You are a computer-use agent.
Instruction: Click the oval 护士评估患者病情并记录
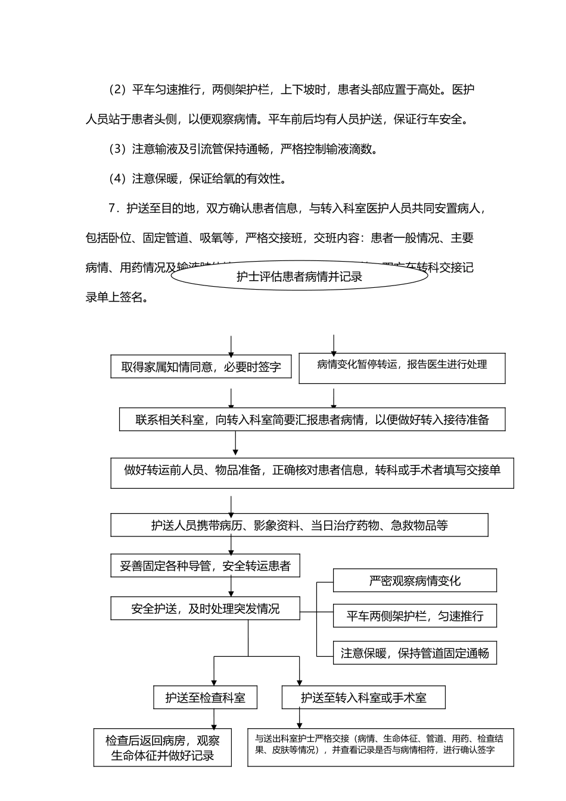(299, 276)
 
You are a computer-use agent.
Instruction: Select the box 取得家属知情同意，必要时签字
(201, 367)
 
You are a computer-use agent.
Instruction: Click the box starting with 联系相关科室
(312, 420)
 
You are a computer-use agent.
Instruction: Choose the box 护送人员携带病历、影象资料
(299, 525)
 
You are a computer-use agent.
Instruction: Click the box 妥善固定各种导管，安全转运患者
(205, 566)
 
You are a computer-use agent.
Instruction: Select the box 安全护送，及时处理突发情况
(205, 608)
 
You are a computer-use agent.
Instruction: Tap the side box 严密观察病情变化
(415, 580)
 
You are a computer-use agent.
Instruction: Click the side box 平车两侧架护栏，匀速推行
(415, 616)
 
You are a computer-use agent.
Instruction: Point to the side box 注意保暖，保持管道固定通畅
(415, 653)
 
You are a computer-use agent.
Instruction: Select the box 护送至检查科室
(205, 697)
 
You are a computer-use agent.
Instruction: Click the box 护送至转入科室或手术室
(363, 697)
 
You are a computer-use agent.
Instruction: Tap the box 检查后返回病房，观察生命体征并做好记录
(163, 748)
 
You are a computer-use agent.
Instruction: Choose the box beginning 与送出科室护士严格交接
(381, 747)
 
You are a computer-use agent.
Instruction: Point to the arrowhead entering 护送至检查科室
(214, 682)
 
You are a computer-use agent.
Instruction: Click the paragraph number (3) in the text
(117, 149)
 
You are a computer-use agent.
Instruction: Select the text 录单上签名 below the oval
(117, 297)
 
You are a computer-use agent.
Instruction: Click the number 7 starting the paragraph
(111, 209)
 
